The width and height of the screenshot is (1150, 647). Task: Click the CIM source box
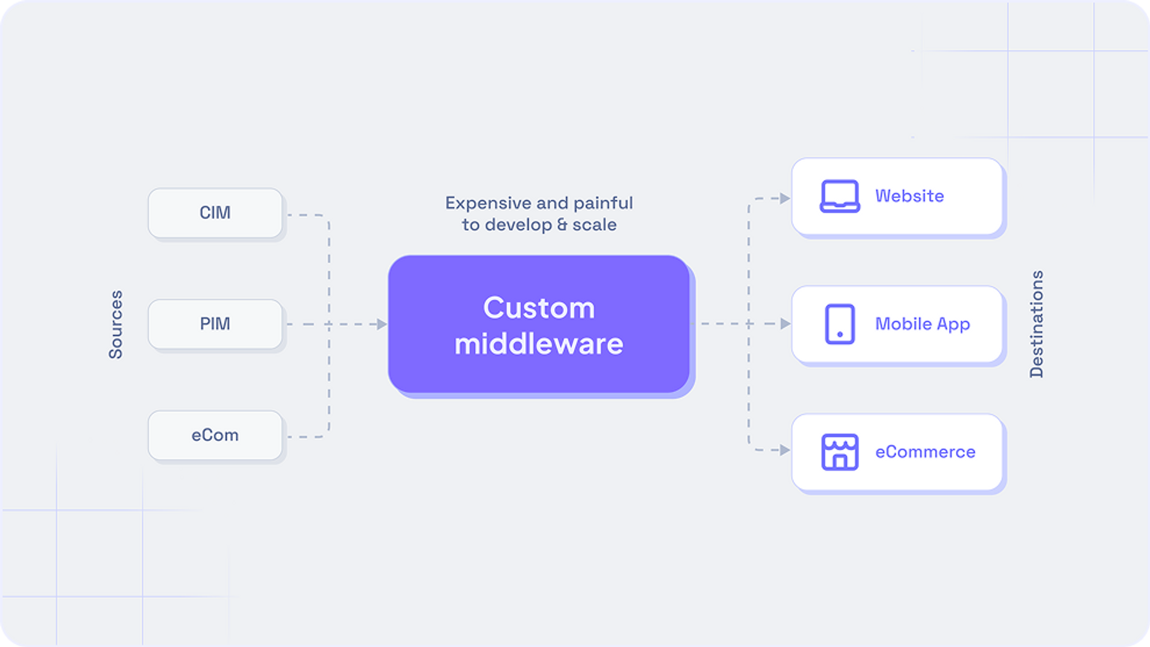tap(215, 213)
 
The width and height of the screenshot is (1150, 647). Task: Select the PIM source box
tap(215, 324)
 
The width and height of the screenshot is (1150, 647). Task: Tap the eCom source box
tap(215, 435)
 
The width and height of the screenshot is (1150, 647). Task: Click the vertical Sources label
tap(116, 325)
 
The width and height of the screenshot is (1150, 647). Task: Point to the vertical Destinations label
tap(1037, 324)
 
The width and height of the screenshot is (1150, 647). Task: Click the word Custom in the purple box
tap(539, 308)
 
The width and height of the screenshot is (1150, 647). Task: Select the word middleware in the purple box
tap(539, 344)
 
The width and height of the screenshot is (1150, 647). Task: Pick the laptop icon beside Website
tap(839, 196)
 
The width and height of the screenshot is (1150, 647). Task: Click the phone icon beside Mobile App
tap(839, 324)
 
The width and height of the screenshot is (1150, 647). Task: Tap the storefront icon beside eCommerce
tap(839, 452)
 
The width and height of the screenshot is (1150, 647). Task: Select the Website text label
tap(909, 196)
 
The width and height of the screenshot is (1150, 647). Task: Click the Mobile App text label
tap(922, 324)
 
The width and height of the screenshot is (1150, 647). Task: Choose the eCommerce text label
tap(925, 452)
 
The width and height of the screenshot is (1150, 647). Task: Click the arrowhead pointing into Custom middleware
tap(382, 324)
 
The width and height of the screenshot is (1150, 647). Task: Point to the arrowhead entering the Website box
tap(785, 198)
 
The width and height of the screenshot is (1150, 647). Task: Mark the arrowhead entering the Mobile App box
tap(785, 323)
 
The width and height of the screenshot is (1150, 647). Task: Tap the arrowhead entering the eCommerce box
tap(785, 450)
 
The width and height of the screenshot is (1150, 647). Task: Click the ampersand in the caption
tap(562, 225)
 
